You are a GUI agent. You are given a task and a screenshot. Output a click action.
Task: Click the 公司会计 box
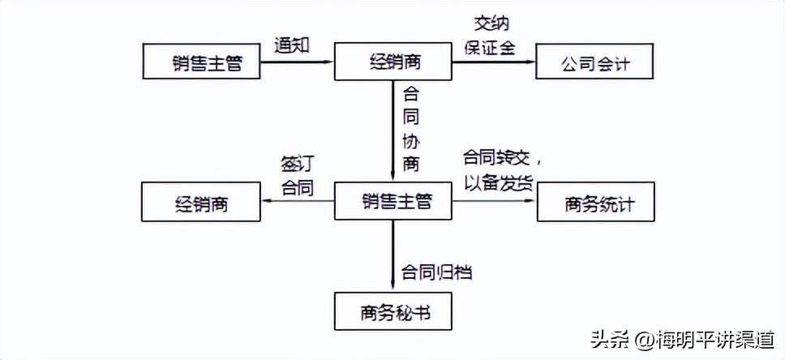595,62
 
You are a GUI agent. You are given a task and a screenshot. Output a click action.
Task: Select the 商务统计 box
596,203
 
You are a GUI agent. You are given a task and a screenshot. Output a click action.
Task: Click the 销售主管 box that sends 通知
201,62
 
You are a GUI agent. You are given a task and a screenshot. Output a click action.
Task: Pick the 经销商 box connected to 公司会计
393,62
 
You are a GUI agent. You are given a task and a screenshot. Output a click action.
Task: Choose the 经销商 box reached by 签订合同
201,203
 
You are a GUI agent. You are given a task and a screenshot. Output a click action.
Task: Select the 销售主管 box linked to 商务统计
393,202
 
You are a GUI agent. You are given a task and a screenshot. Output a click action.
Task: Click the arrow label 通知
292,46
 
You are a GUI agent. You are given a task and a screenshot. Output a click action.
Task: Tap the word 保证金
490,47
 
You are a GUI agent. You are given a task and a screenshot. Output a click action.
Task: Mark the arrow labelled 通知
298,62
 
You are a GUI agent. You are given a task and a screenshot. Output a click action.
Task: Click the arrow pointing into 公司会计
494,62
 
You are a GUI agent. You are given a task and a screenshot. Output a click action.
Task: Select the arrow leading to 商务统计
495,202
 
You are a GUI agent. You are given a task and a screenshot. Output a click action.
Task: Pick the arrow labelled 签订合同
298,202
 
